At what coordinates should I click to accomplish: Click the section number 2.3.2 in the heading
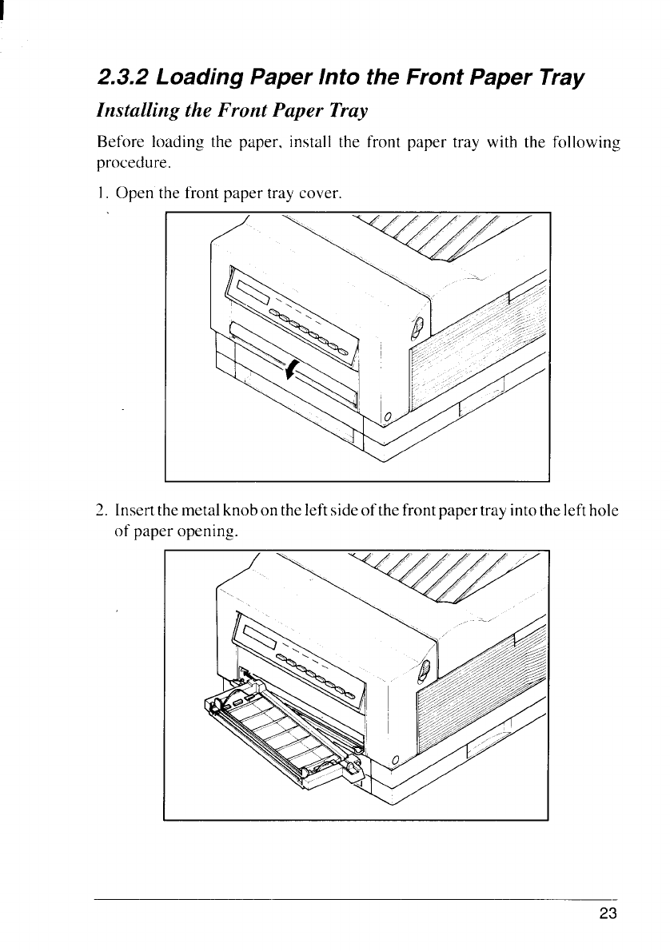122,79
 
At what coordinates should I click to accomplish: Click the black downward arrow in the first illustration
293,369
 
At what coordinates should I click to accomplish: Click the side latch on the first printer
414,328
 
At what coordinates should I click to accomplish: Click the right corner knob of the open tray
351,769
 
